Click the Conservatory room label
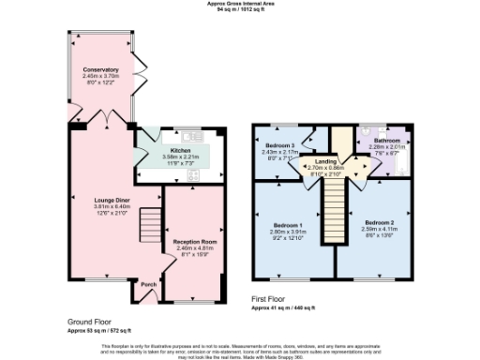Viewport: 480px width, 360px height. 100,70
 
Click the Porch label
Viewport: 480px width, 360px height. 148,283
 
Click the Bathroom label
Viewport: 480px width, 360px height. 384,140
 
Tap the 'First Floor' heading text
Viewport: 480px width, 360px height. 272,300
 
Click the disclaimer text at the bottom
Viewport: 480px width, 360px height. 240,349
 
